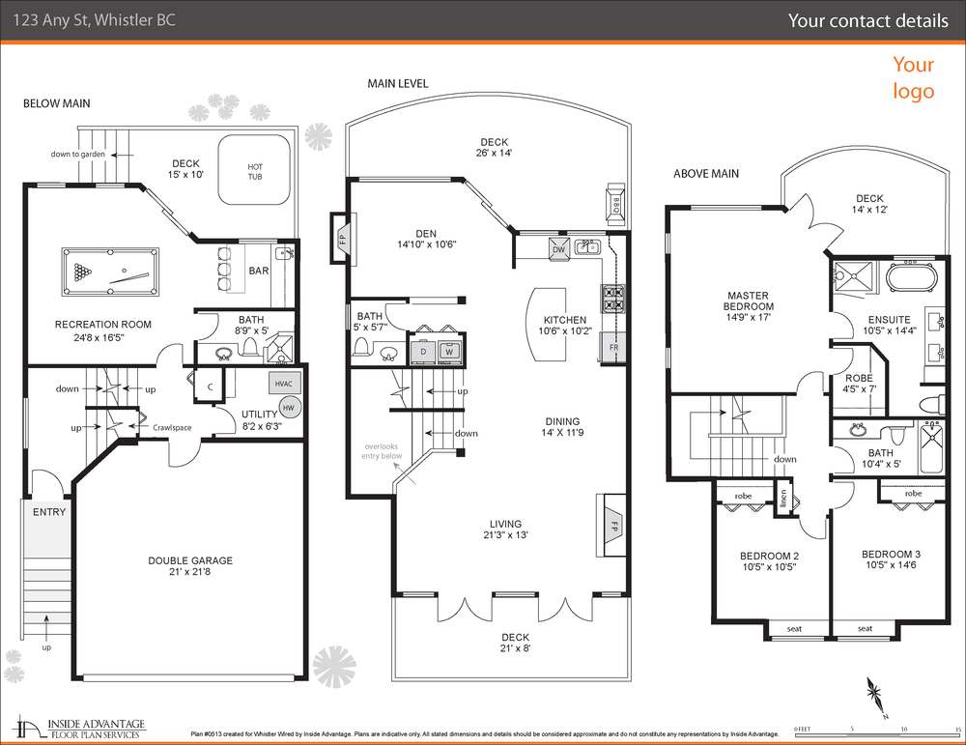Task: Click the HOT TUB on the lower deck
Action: (255, 170)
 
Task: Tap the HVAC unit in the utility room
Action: (284, 384)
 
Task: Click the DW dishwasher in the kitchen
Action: (558, 248)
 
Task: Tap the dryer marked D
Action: (423, 351)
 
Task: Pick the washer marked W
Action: (449, 351)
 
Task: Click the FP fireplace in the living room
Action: (611, 528)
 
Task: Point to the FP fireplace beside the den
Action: (341, 236)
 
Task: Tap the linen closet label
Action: (782, 499)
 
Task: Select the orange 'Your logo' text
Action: (913, 77)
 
